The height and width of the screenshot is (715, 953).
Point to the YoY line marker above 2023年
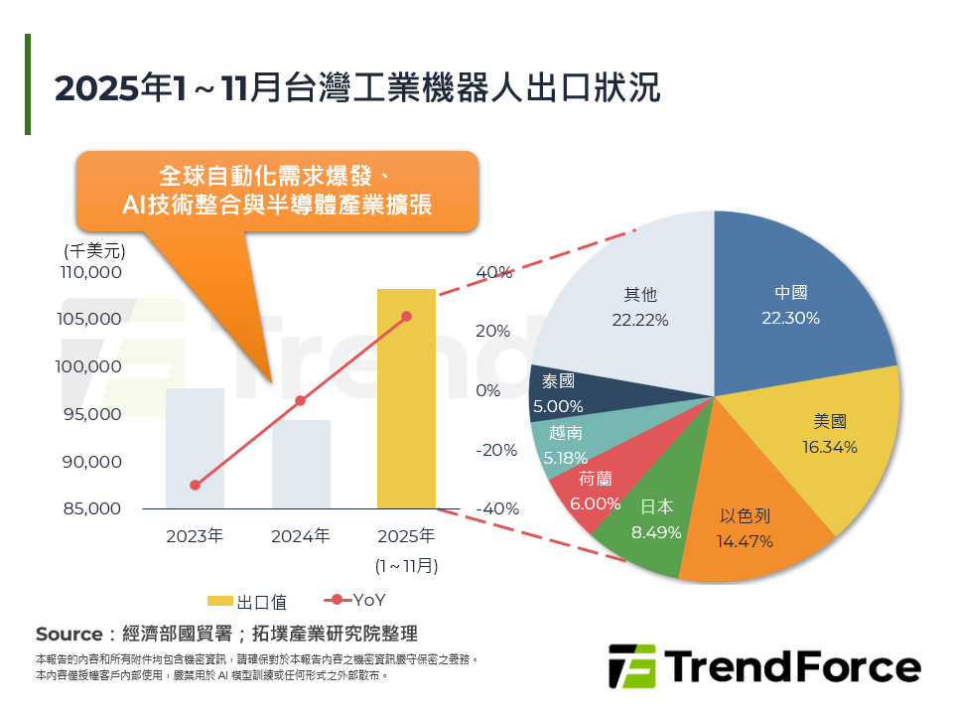(x=195, y=486)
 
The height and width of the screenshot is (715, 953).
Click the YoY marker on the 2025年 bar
(x=406, y=317)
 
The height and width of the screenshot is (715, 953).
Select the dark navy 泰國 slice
(x=562, y=392)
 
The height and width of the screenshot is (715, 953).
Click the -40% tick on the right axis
(x=497, y=508)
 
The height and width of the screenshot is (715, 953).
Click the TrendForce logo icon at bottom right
(x=631, y=666)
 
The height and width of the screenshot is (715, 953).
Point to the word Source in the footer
(x=68, y=634)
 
